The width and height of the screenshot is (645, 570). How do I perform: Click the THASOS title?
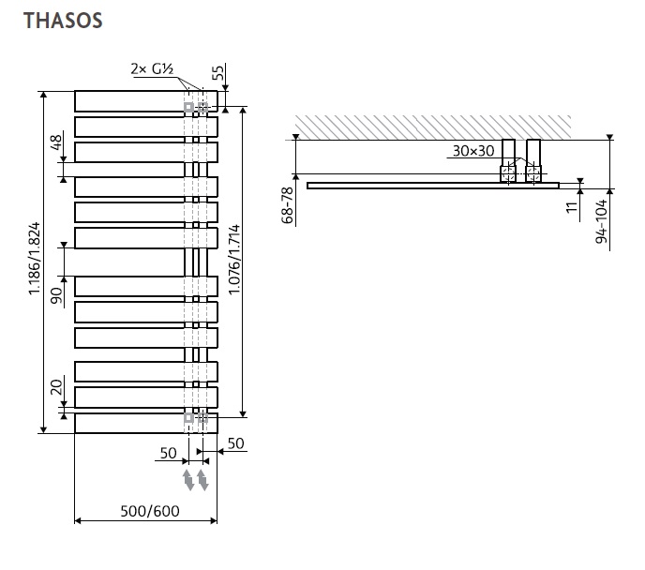click(x=64, y=20)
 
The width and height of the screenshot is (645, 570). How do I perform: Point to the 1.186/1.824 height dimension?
click(x=34, y=261)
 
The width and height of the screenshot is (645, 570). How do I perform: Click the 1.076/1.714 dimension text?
click(x=234, y=261)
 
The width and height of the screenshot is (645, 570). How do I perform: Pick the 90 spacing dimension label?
click(x=56, y=296)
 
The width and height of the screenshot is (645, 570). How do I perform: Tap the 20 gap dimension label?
click(x=56, y=386)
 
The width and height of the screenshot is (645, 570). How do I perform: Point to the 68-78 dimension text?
click(x=288, y=204)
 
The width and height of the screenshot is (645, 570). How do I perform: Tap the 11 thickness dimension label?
click(x=572, y=206)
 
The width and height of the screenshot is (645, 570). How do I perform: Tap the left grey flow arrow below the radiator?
click(x=188, y=481)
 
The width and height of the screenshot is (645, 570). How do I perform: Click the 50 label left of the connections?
click(x=168, y=454)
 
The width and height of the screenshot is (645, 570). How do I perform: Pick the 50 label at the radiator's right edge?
click(x=236, y=442)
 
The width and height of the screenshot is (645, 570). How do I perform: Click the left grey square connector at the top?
click(x=189, y=107)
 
